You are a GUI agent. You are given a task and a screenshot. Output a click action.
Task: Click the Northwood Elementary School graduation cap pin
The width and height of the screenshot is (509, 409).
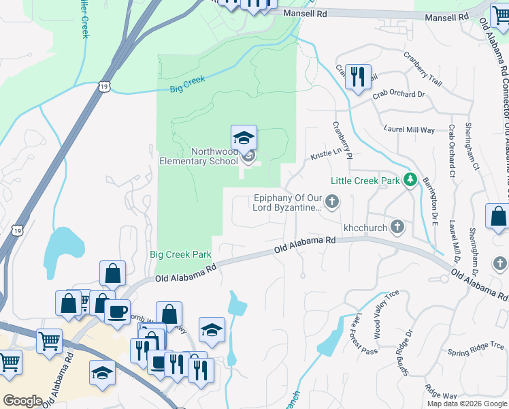tap(244, 138)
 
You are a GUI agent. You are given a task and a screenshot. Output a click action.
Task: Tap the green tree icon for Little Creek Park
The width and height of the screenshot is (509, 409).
tap(410, 180)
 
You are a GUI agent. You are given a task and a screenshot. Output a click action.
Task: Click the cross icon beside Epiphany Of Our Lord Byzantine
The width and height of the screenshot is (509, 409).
tap(332, 200)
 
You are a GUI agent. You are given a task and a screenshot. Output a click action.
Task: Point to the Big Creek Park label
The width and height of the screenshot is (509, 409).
tap(180, 255)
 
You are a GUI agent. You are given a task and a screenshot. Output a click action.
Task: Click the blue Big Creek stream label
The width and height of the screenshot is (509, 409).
tap(187, 85)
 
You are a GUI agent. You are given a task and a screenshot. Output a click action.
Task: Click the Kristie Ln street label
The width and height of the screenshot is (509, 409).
tap(326, 153)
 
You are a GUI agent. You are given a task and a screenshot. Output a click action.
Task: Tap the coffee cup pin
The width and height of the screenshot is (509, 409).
tap(116, 312)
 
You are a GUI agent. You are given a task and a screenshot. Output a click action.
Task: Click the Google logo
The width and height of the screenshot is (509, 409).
tap(22, 401)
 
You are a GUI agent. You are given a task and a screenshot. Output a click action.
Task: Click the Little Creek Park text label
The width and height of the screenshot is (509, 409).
tap(365, 181)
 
